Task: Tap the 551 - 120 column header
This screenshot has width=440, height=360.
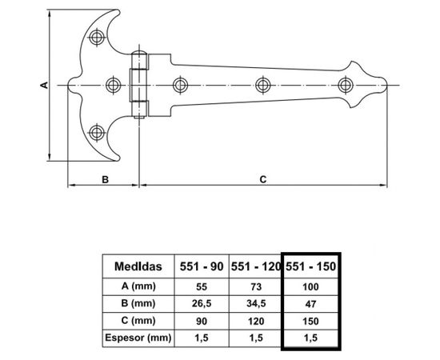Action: tap(256, 266)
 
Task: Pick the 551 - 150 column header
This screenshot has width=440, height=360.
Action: tap(311, 266)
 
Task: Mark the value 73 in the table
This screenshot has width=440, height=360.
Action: tap(256, 286)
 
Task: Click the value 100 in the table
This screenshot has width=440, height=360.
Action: tap(311, 286)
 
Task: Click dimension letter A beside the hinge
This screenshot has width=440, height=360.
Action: tap(45, 83)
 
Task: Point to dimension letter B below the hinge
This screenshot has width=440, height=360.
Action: tap(105, 180)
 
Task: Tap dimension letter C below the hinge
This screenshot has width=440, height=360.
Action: tap(262, 180)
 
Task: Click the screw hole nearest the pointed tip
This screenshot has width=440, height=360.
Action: tap(346, 84)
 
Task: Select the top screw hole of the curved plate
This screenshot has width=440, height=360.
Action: tap(97, 38)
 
